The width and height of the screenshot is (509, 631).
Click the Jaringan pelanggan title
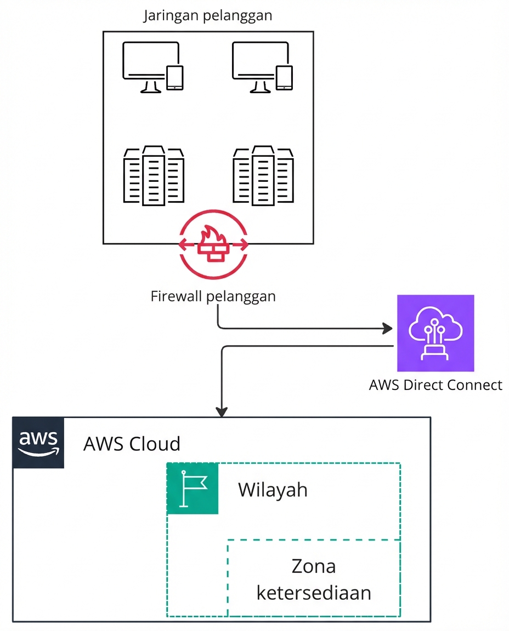(x=208, y=15)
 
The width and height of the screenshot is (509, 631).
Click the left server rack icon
(x=154, y=176)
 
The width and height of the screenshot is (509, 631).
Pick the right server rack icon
(x=263, y=176)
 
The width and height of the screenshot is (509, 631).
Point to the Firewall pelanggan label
(x=213, y=296)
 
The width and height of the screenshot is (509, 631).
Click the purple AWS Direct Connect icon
(x=436, y=333)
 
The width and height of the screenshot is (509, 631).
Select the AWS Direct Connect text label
(x=436, y=385)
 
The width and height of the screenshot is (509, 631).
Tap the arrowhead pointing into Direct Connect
(x=389, y=329)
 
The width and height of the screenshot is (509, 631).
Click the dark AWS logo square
(x=38, y=443)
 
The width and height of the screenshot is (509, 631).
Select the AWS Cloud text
(x=132, y=443)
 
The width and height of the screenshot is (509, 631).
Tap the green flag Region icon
(x=193, y=489)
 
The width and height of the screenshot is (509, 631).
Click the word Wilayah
(x=273, y=489)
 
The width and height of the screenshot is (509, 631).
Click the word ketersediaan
(x=314, y=592)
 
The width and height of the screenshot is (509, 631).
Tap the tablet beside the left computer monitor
(x=174, y=77)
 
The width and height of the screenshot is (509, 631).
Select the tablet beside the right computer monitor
(x=284, y=77)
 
